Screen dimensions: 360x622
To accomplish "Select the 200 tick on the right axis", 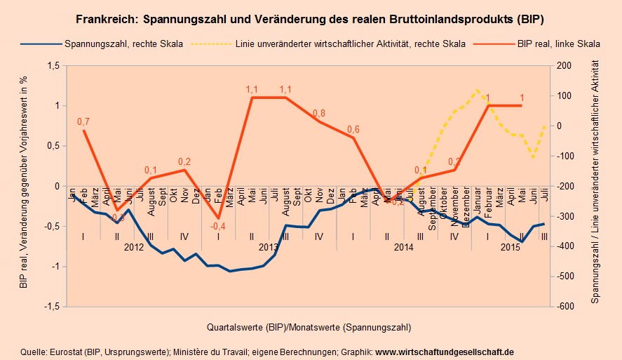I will point(564,66).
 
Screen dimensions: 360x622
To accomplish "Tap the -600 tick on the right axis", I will point(565,307).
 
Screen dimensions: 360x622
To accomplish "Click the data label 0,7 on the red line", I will point(83,122).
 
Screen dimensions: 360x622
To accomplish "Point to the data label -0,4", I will point(219,226).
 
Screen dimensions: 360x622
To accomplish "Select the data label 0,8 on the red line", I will point(318,113).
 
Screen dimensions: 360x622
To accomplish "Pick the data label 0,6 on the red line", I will point(353,129).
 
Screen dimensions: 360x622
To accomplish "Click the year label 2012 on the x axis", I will point(134,248).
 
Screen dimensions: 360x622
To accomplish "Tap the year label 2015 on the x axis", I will point(510,248).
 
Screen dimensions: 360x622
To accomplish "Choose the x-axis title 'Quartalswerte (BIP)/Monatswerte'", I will point(309,327).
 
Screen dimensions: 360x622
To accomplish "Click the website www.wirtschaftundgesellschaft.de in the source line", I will point(445,351).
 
